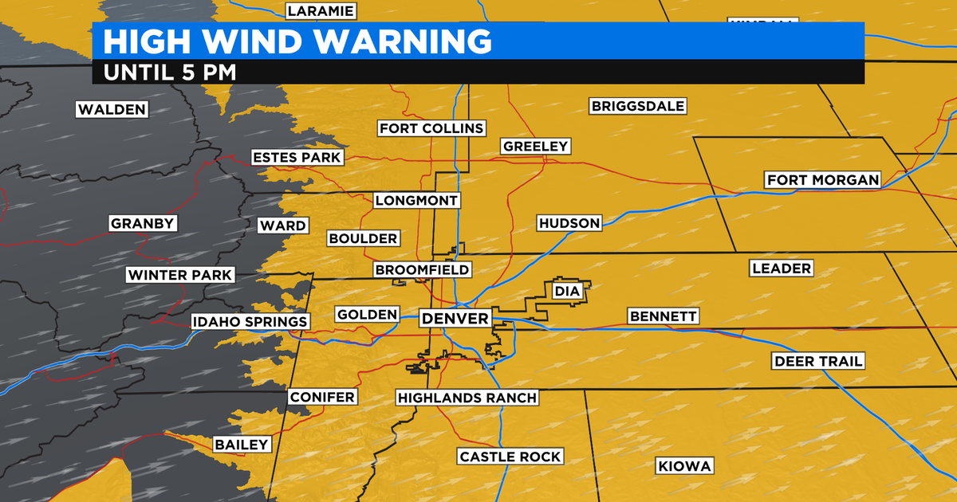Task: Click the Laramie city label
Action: point(321,10)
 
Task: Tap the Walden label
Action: point(112,109)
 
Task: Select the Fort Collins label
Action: point(431,128)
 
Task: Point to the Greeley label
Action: point(535,146)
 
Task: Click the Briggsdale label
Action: point(638,106)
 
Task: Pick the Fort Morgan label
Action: point(822,180)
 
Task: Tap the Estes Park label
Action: point(297,157)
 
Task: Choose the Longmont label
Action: point(416,200)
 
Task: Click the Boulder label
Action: point(363,238)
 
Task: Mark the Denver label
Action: point(455,319)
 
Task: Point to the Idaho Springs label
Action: point(250,322)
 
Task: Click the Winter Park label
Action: point(180,276)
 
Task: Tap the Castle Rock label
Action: point(510,457)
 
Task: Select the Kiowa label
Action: point(683,466)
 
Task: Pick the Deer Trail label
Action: point(818,362)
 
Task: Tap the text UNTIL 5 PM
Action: point(170,71)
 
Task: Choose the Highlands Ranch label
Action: point(467,398)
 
